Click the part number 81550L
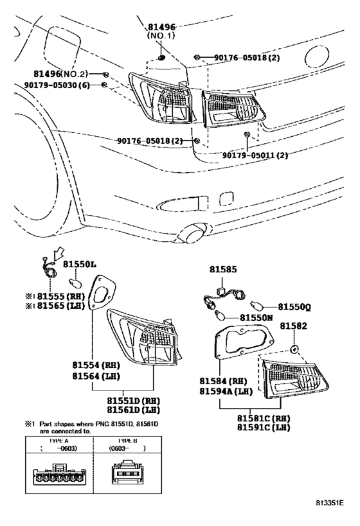(x=80, y=265)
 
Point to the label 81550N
(x=258, y=317)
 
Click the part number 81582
(x=294, y=327)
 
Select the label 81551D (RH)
(x=134, y=400)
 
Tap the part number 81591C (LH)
(x=264, y=427)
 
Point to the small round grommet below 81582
(x=292, y=350)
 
